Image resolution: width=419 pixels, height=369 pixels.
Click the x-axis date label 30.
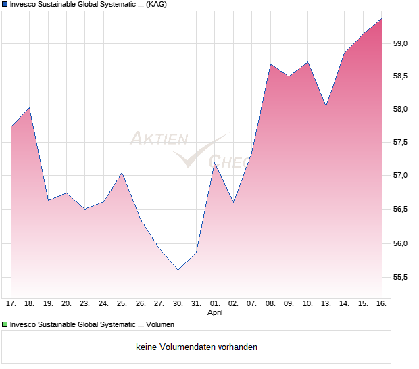tap(178, 303)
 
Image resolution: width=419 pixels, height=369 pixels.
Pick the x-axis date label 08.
tap(270, 303)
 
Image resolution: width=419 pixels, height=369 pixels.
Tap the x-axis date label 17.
tap(11, 303)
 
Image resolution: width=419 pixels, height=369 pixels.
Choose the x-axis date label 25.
tap(122, 303)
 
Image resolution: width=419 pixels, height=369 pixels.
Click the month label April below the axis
tap(215, 312)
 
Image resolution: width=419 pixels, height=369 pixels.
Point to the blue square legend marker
tap(4, 4)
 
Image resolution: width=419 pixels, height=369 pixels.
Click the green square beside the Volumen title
tap(4, 324)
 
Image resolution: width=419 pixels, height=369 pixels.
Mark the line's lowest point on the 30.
tap(178, 270)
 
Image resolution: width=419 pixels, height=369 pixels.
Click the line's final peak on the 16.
tap(381, 19)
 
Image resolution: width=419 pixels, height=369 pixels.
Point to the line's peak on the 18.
tap(29, 108)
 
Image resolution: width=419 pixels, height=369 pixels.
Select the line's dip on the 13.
tap(326, 106)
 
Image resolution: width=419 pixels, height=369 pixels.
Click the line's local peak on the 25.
tap(122, 172)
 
